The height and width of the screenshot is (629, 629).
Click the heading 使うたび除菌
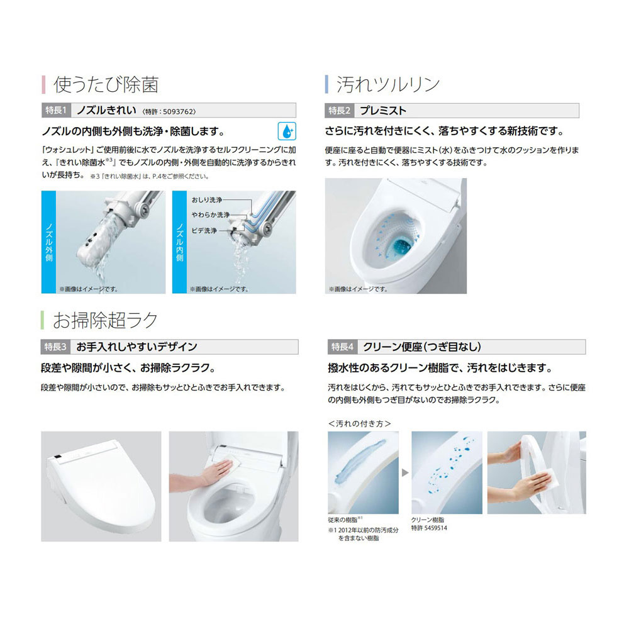tap(106, 84)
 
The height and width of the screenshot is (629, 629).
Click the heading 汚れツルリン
tap(387, 84)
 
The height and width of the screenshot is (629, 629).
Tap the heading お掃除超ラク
tap(105, 320)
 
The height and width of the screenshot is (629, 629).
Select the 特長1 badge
tap(57, 110)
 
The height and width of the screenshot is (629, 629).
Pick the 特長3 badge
tap(57, 346)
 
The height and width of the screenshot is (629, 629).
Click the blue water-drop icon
tap(287, 131)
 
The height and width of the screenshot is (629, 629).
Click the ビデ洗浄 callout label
tap(204, 231)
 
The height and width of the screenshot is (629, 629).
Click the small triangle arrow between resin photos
tap(404, 472)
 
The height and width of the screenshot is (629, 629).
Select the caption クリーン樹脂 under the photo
tap(428, 521)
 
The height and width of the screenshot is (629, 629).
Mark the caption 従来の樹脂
tap(342, 521)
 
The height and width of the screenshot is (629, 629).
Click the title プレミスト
tap(382, 110)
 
